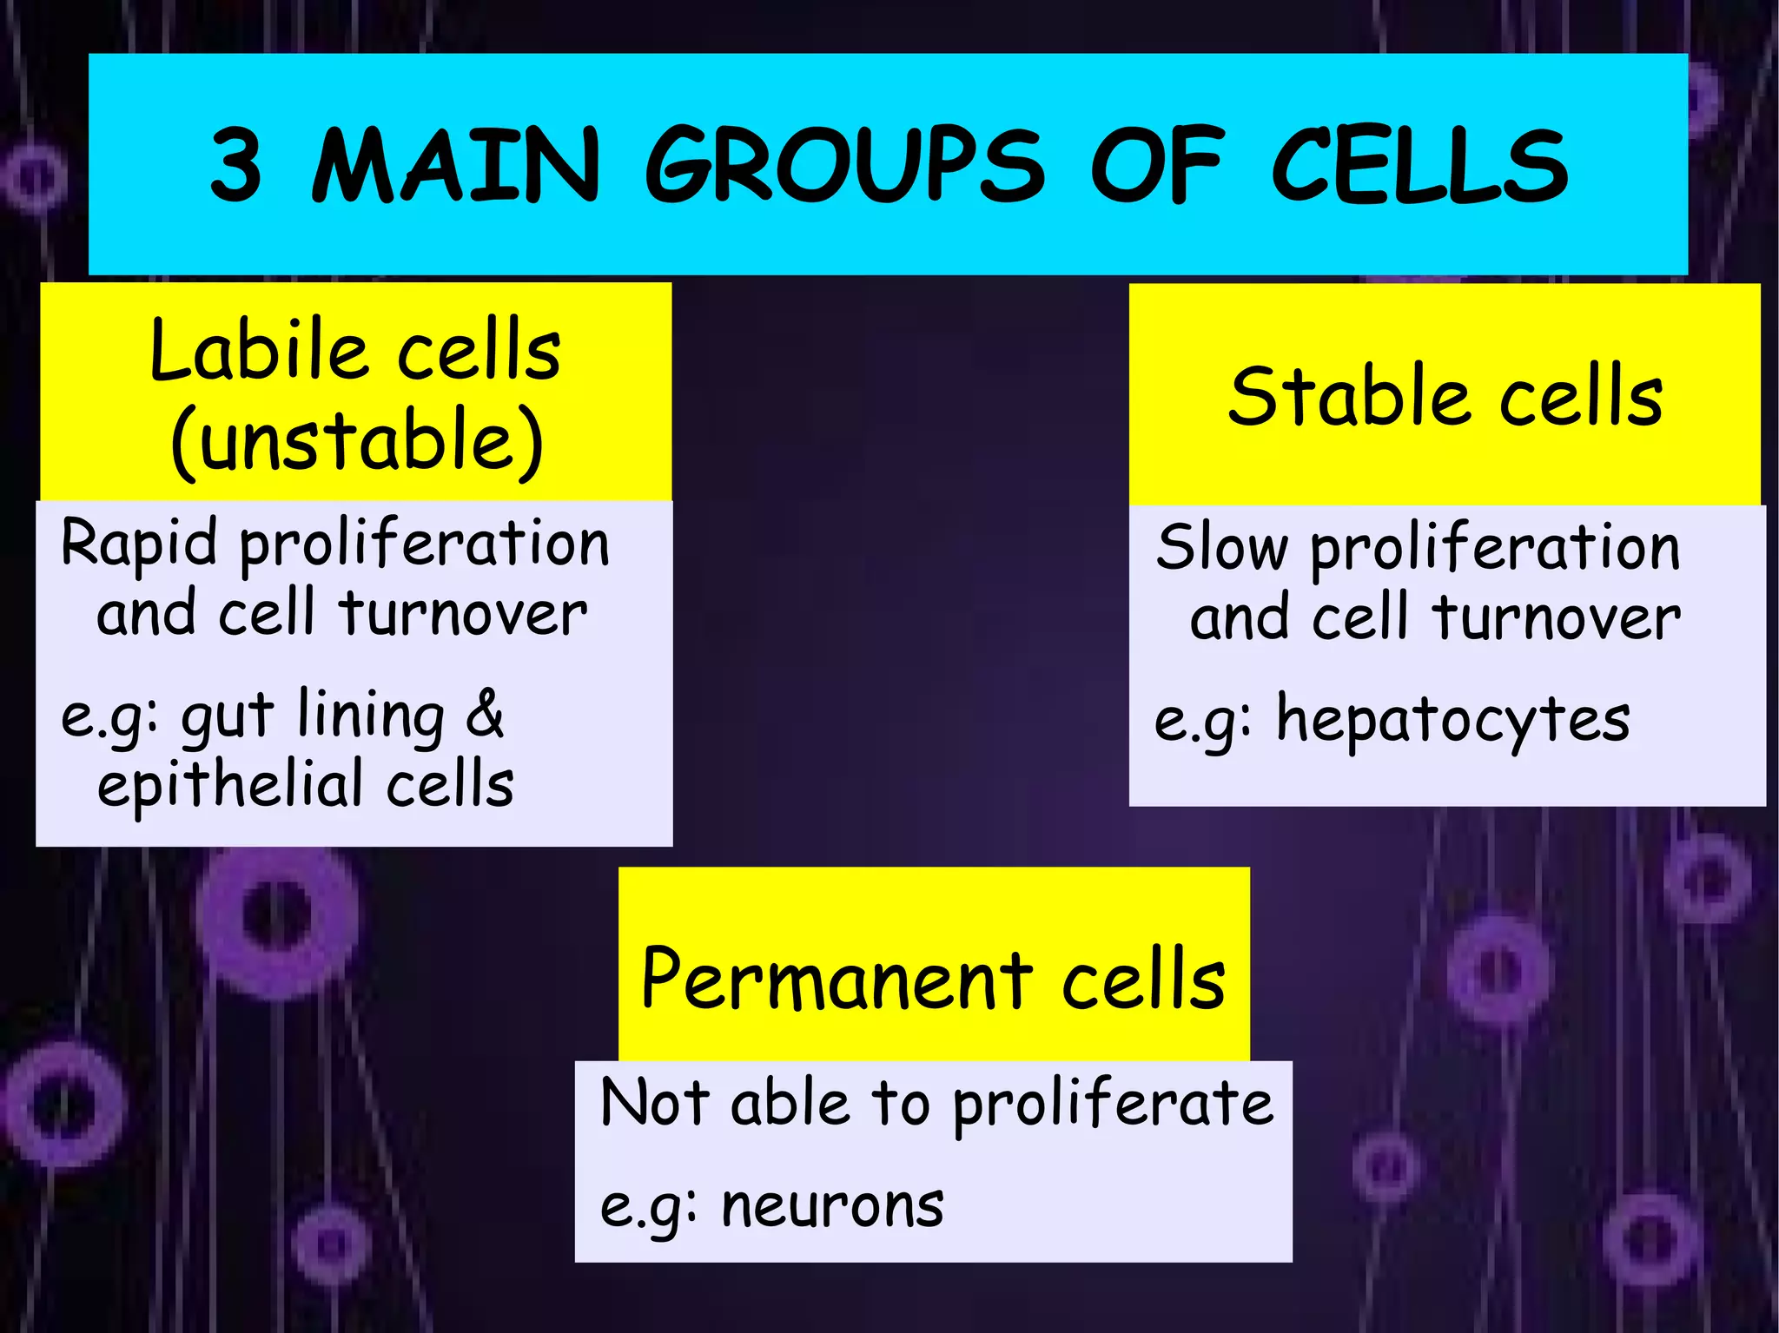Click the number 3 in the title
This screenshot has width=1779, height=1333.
click(x=235, y=164)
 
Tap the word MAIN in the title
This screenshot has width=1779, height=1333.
click(x=455, y=164)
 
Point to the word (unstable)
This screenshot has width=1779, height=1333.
click(x=357, y=442)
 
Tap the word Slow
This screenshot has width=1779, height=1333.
click(x=1221, y=548)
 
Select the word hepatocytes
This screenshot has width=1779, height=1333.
click(x=1452, y=722)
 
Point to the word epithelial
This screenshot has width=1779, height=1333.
click(x=229, y=785)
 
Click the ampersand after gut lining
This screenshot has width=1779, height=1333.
click(x=485, y=714)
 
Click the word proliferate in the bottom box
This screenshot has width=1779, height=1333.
click(x=1113, y=1105)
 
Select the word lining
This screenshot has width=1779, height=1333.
click(x=371, y=716)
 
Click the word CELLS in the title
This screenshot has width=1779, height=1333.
click(x=1419, y=164)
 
